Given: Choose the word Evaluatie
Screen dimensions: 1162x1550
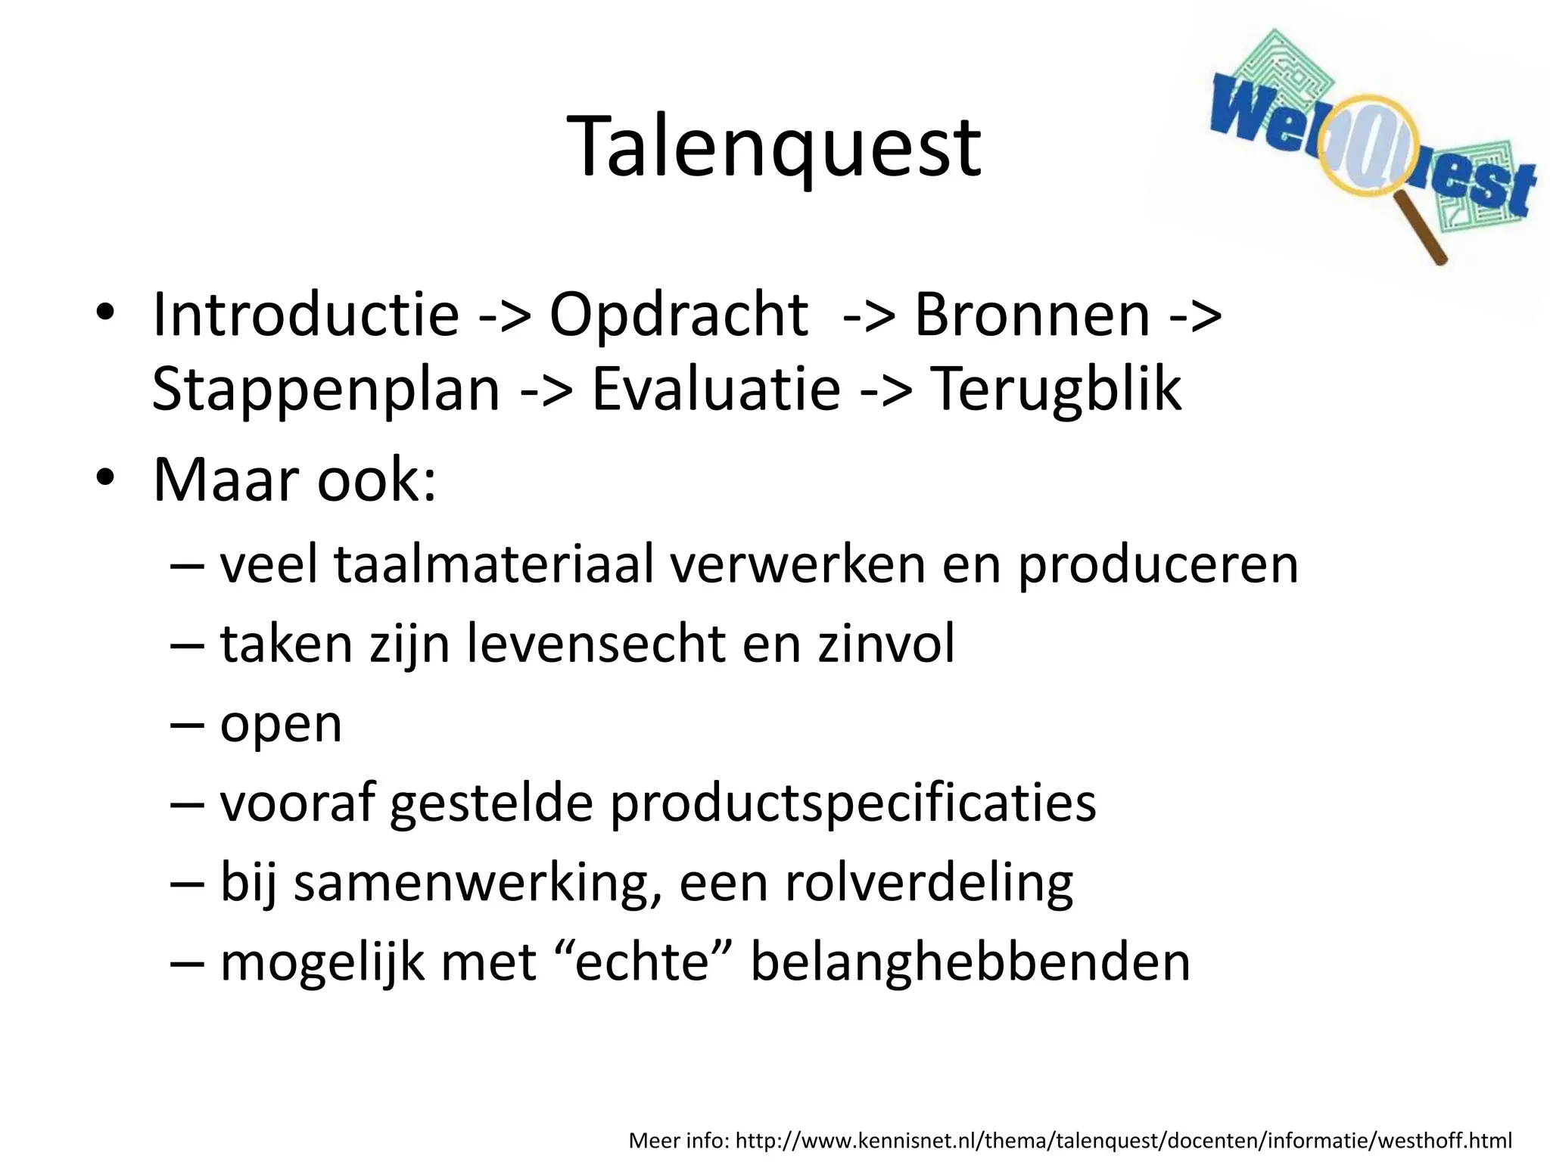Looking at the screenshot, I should pyautogui.click(x=715, y=389).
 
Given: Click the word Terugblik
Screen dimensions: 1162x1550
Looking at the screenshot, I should pyautogui.click(x=1055, y=389).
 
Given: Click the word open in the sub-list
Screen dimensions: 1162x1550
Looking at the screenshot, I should pyautogui.click(x=281, y=725).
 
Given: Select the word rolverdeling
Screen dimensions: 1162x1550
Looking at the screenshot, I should pyautogui.click(x=929, y=883).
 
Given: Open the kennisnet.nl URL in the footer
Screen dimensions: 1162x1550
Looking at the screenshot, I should pyautogui.click(x=1123, y=1139).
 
